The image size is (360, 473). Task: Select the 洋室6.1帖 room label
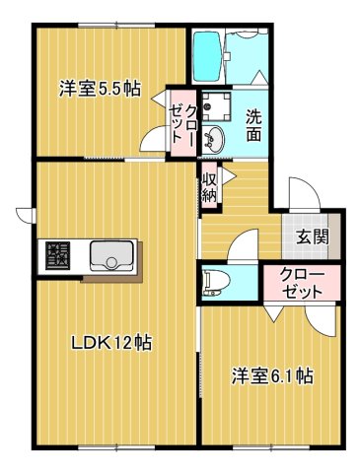[x=272, y=375]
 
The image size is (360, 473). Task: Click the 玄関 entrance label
[x=313, y=235]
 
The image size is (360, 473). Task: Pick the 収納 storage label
[x=210, y=186]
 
